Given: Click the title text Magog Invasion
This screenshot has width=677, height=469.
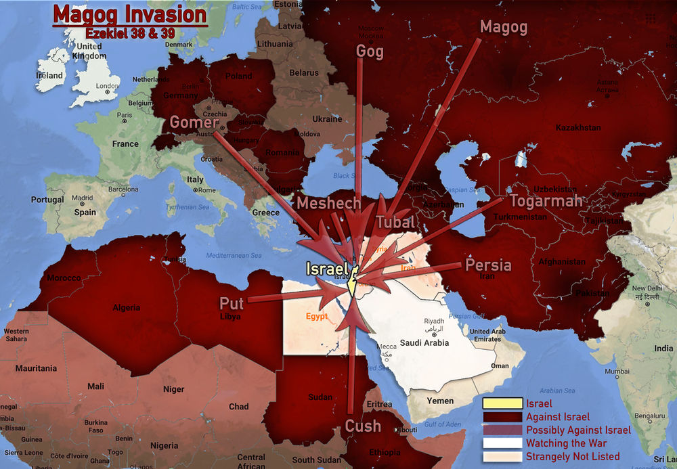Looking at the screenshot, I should click(130, 16).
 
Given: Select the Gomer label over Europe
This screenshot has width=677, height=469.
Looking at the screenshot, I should click(193, 122).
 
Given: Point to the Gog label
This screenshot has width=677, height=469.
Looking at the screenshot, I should click(370, 51).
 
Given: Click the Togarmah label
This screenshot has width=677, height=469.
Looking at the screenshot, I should click(546, 201).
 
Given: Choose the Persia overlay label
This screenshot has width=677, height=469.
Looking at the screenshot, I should click(488, 265).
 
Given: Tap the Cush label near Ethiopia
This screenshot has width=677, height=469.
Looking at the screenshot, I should click(363, 426).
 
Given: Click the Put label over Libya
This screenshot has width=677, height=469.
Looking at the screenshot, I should click(231, 303).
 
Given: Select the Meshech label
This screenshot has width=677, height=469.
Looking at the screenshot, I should click(329, 204).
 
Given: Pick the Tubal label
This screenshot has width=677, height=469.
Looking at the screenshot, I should click(396, 222).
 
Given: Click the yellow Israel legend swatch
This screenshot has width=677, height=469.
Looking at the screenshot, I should click(502, 404).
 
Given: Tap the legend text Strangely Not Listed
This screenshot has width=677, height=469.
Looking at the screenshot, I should click(573, 456).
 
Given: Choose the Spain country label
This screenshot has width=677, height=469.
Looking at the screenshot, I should click(85, 212).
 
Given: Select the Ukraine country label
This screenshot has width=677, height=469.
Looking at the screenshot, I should click(327, 119).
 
